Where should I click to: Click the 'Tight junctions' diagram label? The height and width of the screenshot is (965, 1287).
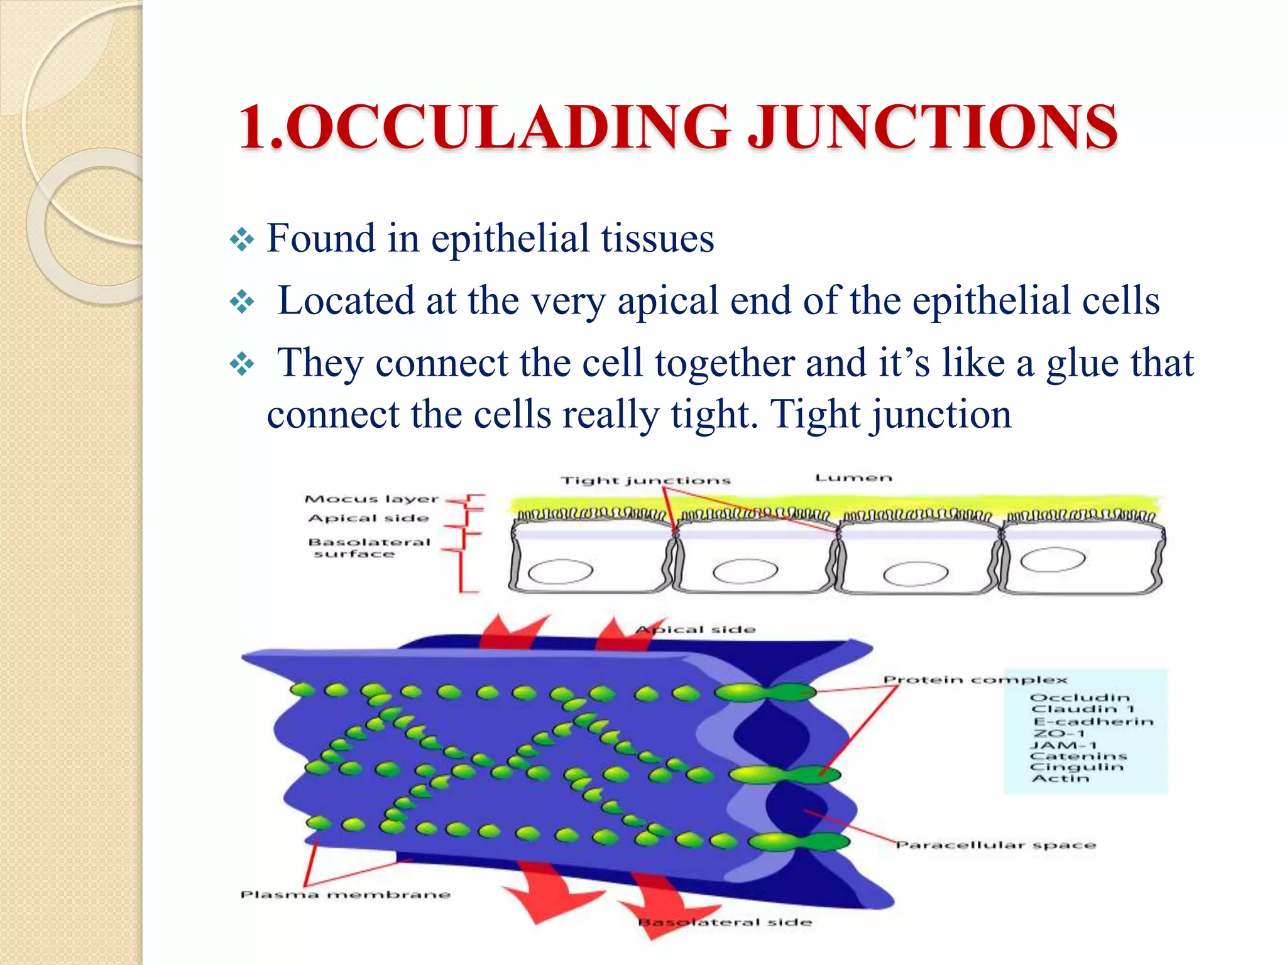tap(645, 481)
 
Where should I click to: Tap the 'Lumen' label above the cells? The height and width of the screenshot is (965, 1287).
tap(853, 479)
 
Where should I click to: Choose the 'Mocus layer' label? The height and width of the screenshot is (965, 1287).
tap(371, 499)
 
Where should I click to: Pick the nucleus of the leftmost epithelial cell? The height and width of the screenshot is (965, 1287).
tap(561, 572)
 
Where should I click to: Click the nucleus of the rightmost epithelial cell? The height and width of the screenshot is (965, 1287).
tap(1053, 559)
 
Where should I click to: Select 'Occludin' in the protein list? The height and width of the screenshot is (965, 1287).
tap(1080, 698)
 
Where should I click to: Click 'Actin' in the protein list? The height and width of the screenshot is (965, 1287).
tap(1061, 779)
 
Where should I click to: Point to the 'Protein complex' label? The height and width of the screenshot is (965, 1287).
tap(975, 680)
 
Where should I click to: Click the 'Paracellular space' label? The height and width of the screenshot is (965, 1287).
tap(995, 846)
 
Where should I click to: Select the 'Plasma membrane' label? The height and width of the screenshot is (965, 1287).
tap(346, 895)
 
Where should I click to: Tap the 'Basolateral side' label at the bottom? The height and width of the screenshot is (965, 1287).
tap(725, 922)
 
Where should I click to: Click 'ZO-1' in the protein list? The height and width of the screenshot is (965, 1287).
tap(1060, 734)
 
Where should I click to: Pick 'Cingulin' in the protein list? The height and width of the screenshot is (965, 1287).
tap(1076, 768)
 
